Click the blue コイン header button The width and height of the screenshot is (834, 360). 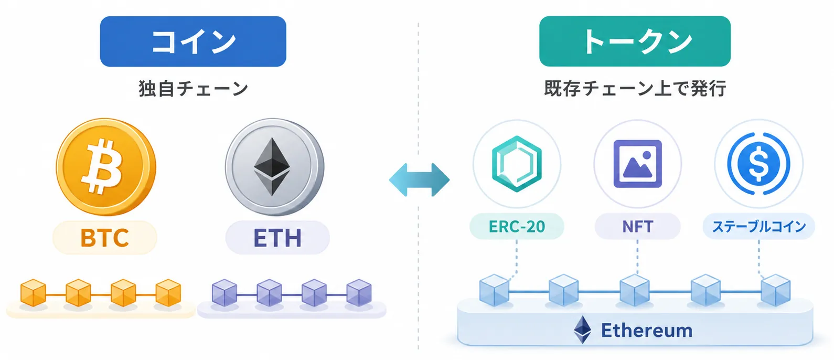[193, 41]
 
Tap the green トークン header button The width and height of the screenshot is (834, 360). [635, 41]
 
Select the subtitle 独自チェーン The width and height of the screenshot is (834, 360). [193, 89]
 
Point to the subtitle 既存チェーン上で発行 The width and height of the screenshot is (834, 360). [635, 89]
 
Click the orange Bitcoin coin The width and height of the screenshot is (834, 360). [106, 166]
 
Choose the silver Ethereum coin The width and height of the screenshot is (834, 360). [274, 166]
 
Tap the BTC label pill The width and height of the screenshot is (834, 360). [104, 238]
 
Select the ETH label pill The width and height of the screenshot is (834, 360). [277, 238]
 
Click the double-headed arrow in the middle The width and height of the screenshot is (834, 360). [419, 179]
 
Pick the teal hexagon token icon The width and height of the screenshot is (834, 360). [517, 164]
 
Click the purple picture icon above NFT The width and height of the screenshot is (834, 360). [638, 164]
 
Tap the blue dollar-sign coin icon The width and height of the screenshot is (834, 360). [759, 164]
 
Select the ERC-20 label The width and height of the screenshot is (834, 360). [517, 226]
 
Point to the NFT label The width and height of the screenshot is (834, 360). [638, 226]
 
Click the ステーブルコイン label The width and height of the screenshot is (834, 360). [759, 226]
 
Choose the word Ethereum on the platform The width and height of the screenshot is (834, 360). [647, 331]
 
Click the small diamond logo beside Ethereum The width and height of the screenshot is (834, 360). [582, 330]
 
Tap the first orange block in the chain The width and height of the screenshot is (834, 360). [33, 293]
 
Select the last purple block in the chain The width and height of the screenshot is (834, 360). [359, 293]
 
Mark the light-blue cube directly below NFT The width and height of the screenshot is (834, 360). [635, 290]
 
